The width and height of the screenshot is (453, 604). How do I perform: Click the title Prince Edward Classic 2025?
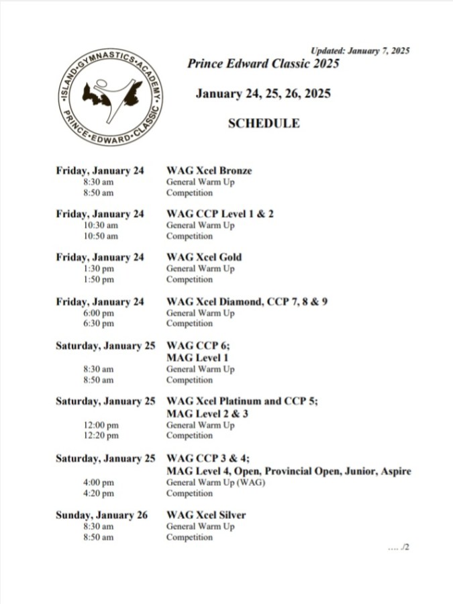click(263, 64)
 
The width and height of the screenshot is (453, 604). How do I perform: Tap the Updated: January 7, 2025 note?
click(360, 50)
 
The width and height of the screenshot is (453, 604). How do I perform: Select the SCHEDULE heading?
click(264, 123)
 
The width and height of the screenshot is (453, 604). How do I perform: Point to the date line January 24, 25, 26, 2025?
click(263, 94)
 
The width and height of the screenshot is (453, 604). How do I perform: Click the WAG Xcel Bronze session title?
click(209, 170)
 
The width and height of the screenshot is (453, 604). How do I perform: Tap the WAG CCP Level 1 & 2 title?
click(220, 214)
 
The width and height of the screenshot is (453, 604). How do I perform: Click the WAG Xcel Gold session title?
click(204, 257)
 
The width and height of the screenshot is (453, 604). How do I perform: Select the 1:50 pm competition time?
click(99, 279)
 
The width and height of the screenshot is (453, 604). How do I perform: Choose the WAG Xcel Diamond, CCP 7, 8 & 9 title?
click(247, 302)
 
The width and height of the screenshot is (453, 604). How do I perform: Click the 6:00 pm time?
click(99, 313)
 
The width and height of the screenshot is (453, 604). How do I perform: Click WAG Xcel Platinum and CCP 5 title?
click(242, 401)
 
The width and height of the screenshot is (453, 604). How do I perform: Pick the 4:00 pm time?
click(99, 483)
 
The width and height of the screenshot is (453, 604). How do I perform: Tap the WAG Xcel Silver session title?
click(206, 515)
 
